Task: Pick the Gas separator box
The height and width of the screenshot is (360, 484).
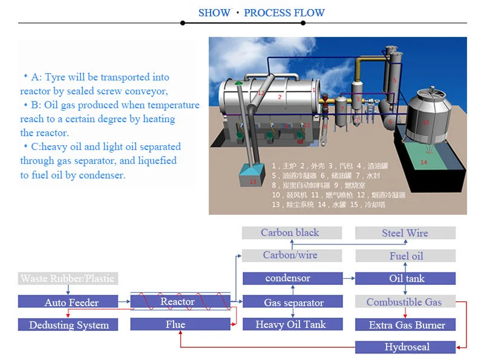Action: click(292, 302)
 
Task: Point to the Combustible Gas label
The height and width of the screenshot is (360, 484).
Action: click(404, 302)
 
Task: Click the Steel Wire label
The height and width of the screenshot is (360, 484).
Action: click(405, 233)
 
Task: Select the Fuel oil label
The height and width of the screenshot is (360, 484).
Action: click(405, 256)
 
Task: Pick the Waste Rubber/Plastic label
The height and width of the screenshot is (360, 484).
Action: click(67, 279)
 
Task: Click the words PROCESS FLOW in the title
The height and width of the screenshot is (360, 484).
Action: click(284, 13)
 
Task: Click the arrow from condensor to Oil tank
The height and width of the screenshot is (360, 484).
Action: click(348, 279)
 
